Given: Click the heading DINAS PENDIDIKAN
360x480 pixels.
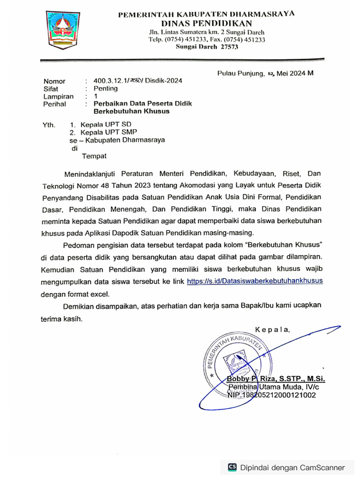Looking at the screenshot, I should click(206, 23).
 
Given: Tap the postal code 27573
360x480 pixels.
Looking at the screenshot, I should click(230, 47).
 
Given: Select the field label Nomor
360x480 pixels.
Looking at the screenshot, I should click(54, 81).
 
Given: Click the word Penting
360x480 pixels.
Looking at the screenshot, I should click(105, 88).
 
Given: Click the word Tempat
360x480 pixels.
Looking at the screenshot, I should click(94, 156).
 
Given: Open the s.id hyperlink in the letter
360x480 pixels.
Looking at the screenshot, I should click(255, 281).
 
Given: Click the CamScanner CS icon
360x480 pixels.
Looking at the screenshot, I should click(232, 467).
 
